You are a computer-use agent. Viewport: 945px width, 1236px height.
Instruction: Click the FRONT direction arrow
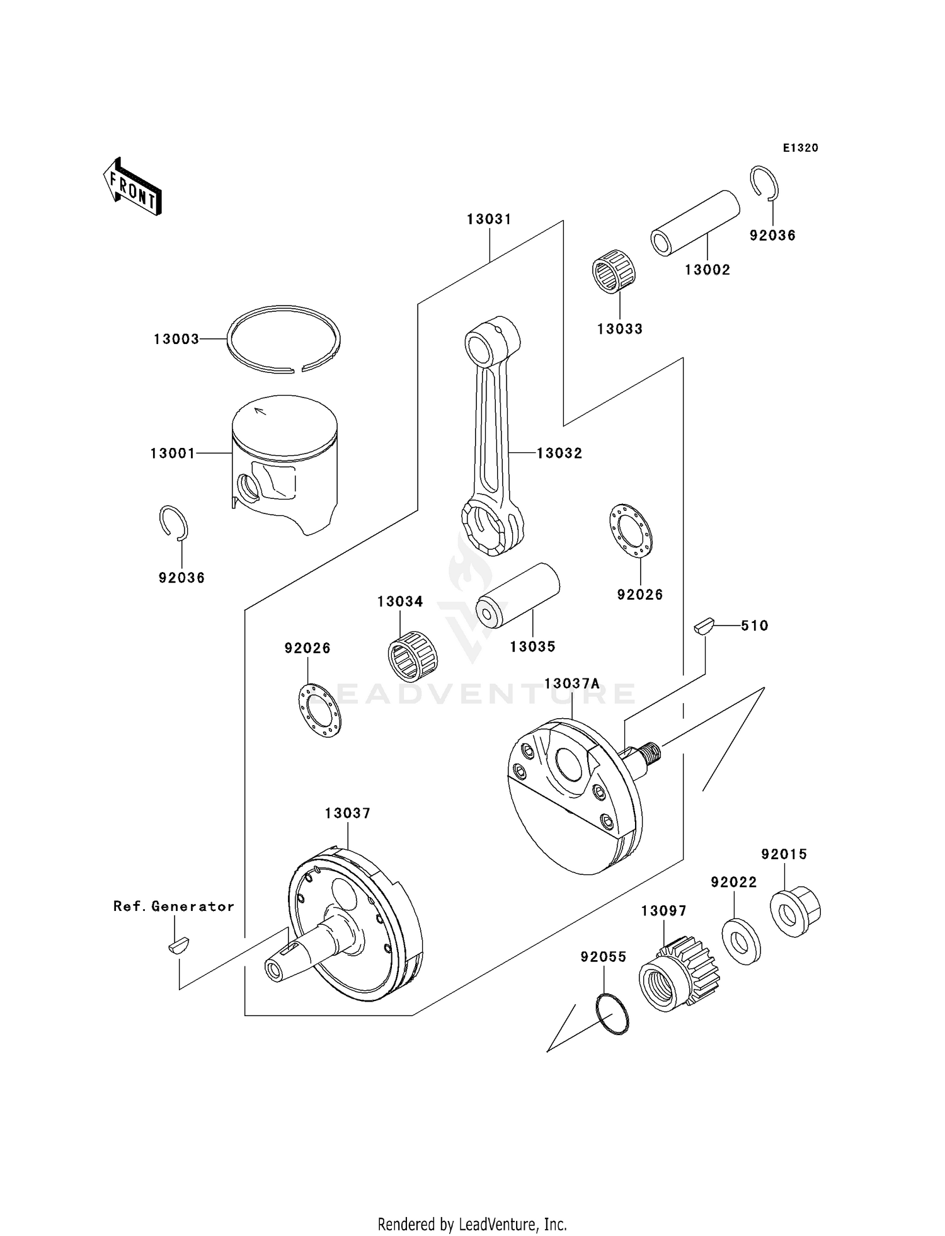click(133, 186)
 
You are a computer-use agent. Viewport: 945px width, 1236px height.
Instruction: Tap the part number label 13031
click(489, 219)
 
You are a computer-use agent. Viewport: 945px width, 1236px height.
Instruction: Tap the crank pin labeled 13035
click(518, 595)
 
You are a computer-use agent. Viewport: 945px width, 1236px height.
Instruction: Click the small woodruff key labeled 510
click(703, 626)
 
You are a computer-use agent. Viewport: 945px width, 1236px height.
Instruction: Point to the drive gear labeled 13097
click(679, 973)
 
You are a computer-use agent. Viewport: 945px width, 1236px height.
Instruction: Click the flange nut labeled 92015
click(795, 910)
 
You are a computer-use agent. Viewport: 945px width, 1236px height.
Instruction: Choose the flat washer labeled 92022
click(741, 942)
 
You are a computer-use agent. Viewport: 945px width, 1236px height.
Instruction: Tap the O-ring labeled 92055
click(612, 1013)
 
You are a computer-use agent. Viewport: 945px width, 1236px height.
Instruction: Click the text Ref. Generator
click(174, 906)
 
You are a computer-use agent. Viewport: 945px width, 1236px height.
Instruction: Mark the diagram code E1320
click(800, 148)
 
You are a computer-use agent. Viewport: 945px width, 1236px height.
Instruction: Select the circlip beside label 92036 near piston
click(173, 522)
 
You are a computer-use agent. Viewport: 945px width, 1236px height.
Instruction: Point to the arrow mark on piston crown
click(260, 411)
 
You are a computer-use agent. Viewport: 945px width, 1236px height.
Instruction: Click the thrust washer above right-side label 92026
click(631, 530)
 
